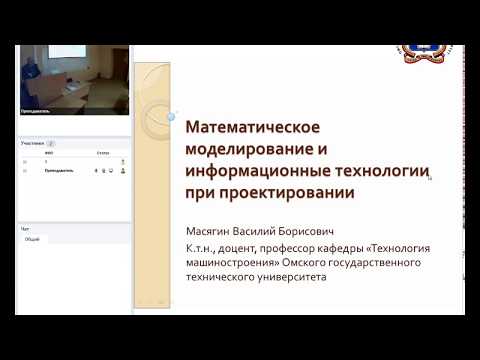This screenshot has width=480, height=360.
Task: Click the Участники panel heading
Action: pyautogui.click(x=33, y=143)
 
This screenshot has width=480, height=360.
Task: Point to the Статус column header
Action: pyautogui.click(x=103, y=153)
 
